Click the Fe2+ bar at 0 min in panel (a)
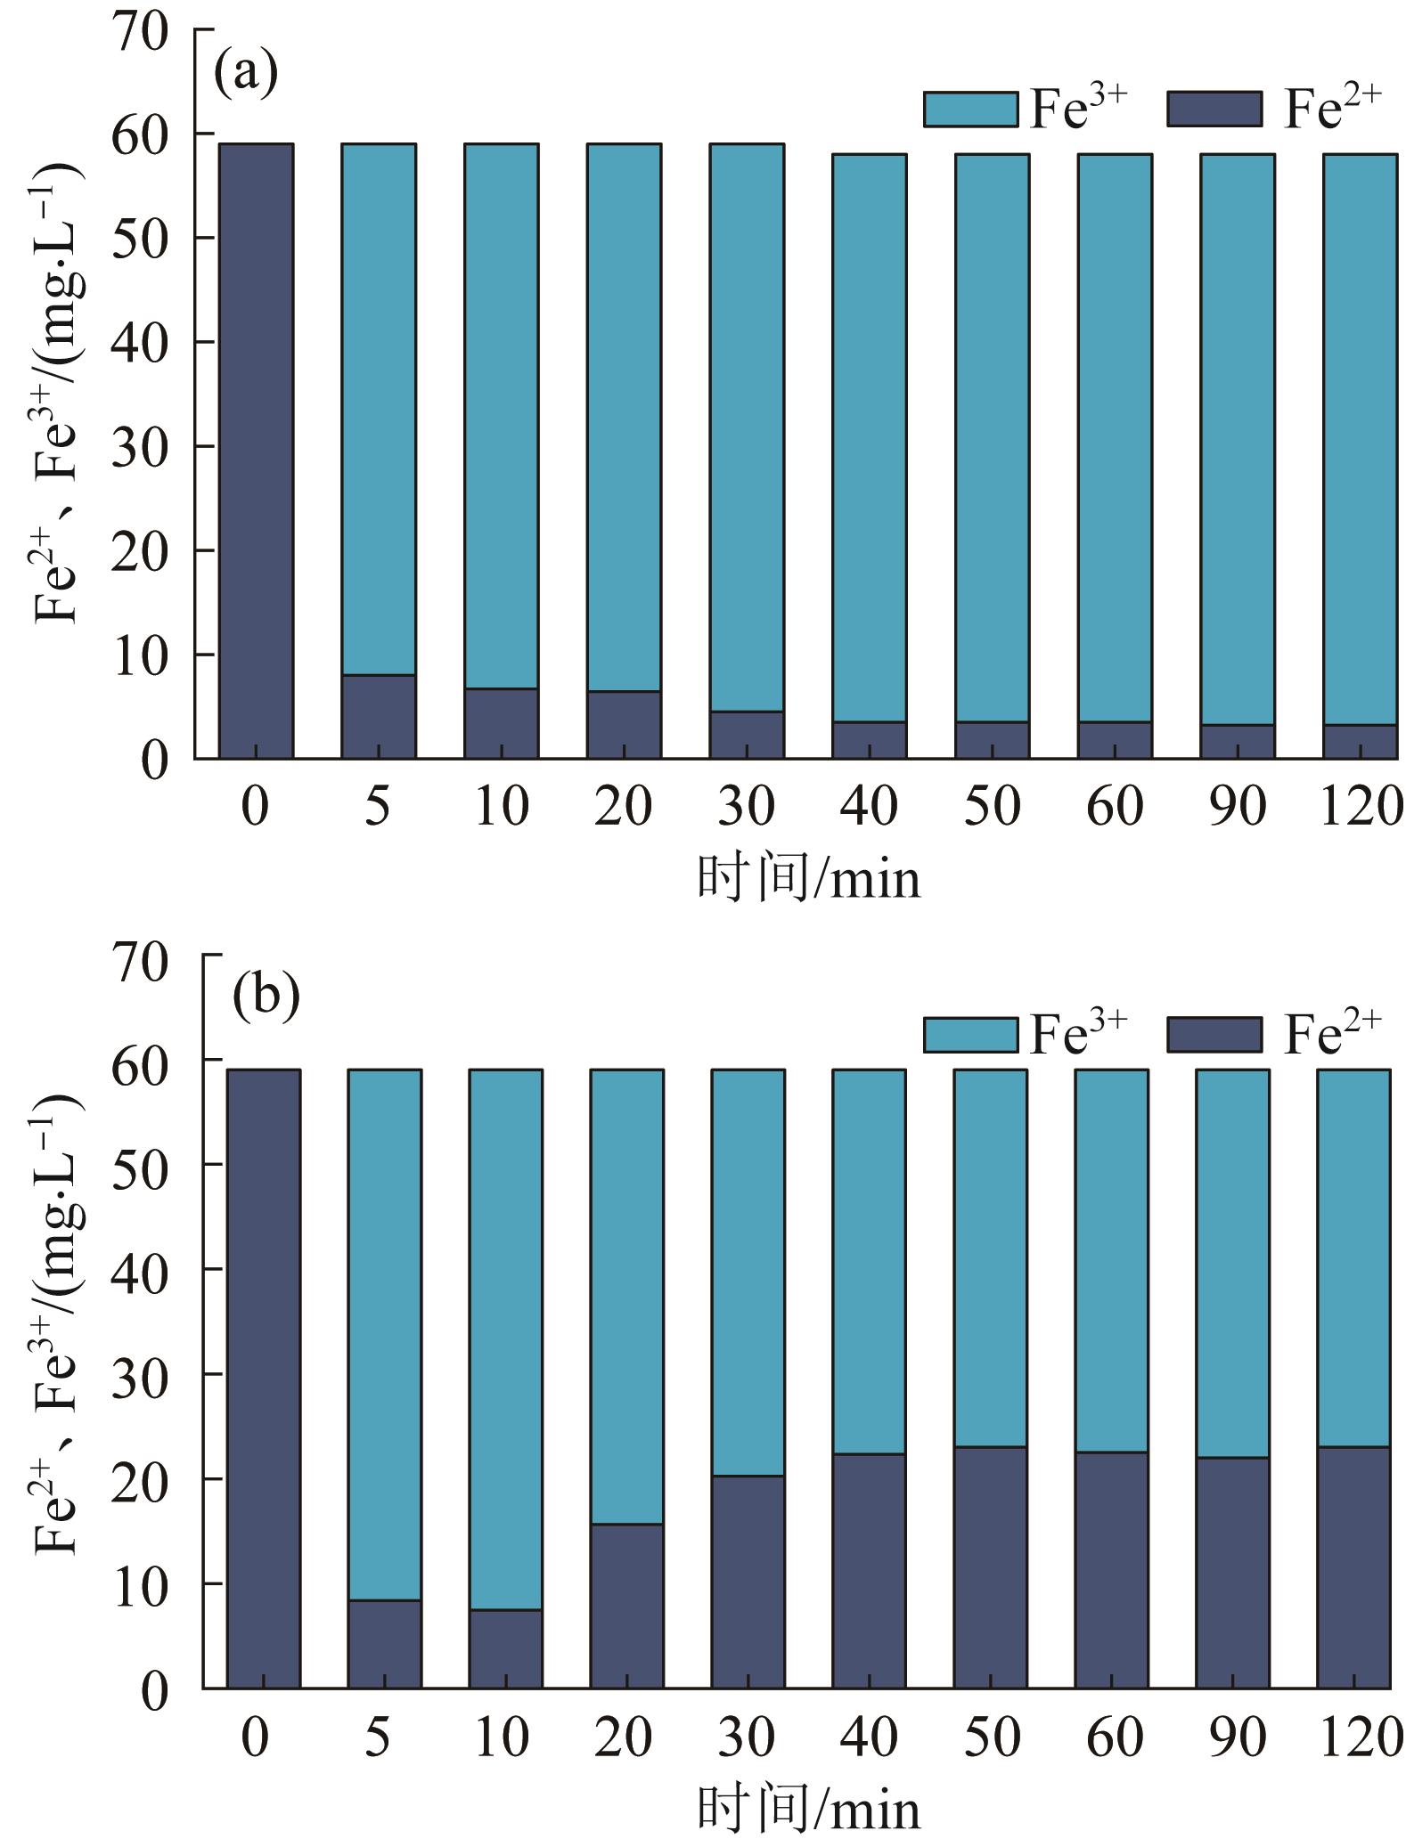point(257,450)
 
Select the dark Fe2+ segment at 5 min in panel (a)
point(379,717)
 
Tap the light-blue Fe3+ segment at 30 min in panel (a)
point(747,427)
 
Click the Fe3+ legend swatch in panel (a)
point(970,109)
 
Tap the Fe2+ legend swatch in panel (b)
point(1214,1035)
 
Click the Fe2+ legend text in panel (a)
point(1331,109)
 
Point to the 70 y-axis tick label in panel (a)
point(140,32)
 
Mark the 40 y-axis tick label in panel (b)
point(140,1268)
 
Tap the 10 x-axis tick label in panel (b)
point(503,1736)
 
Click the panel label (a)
point(246,76)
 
